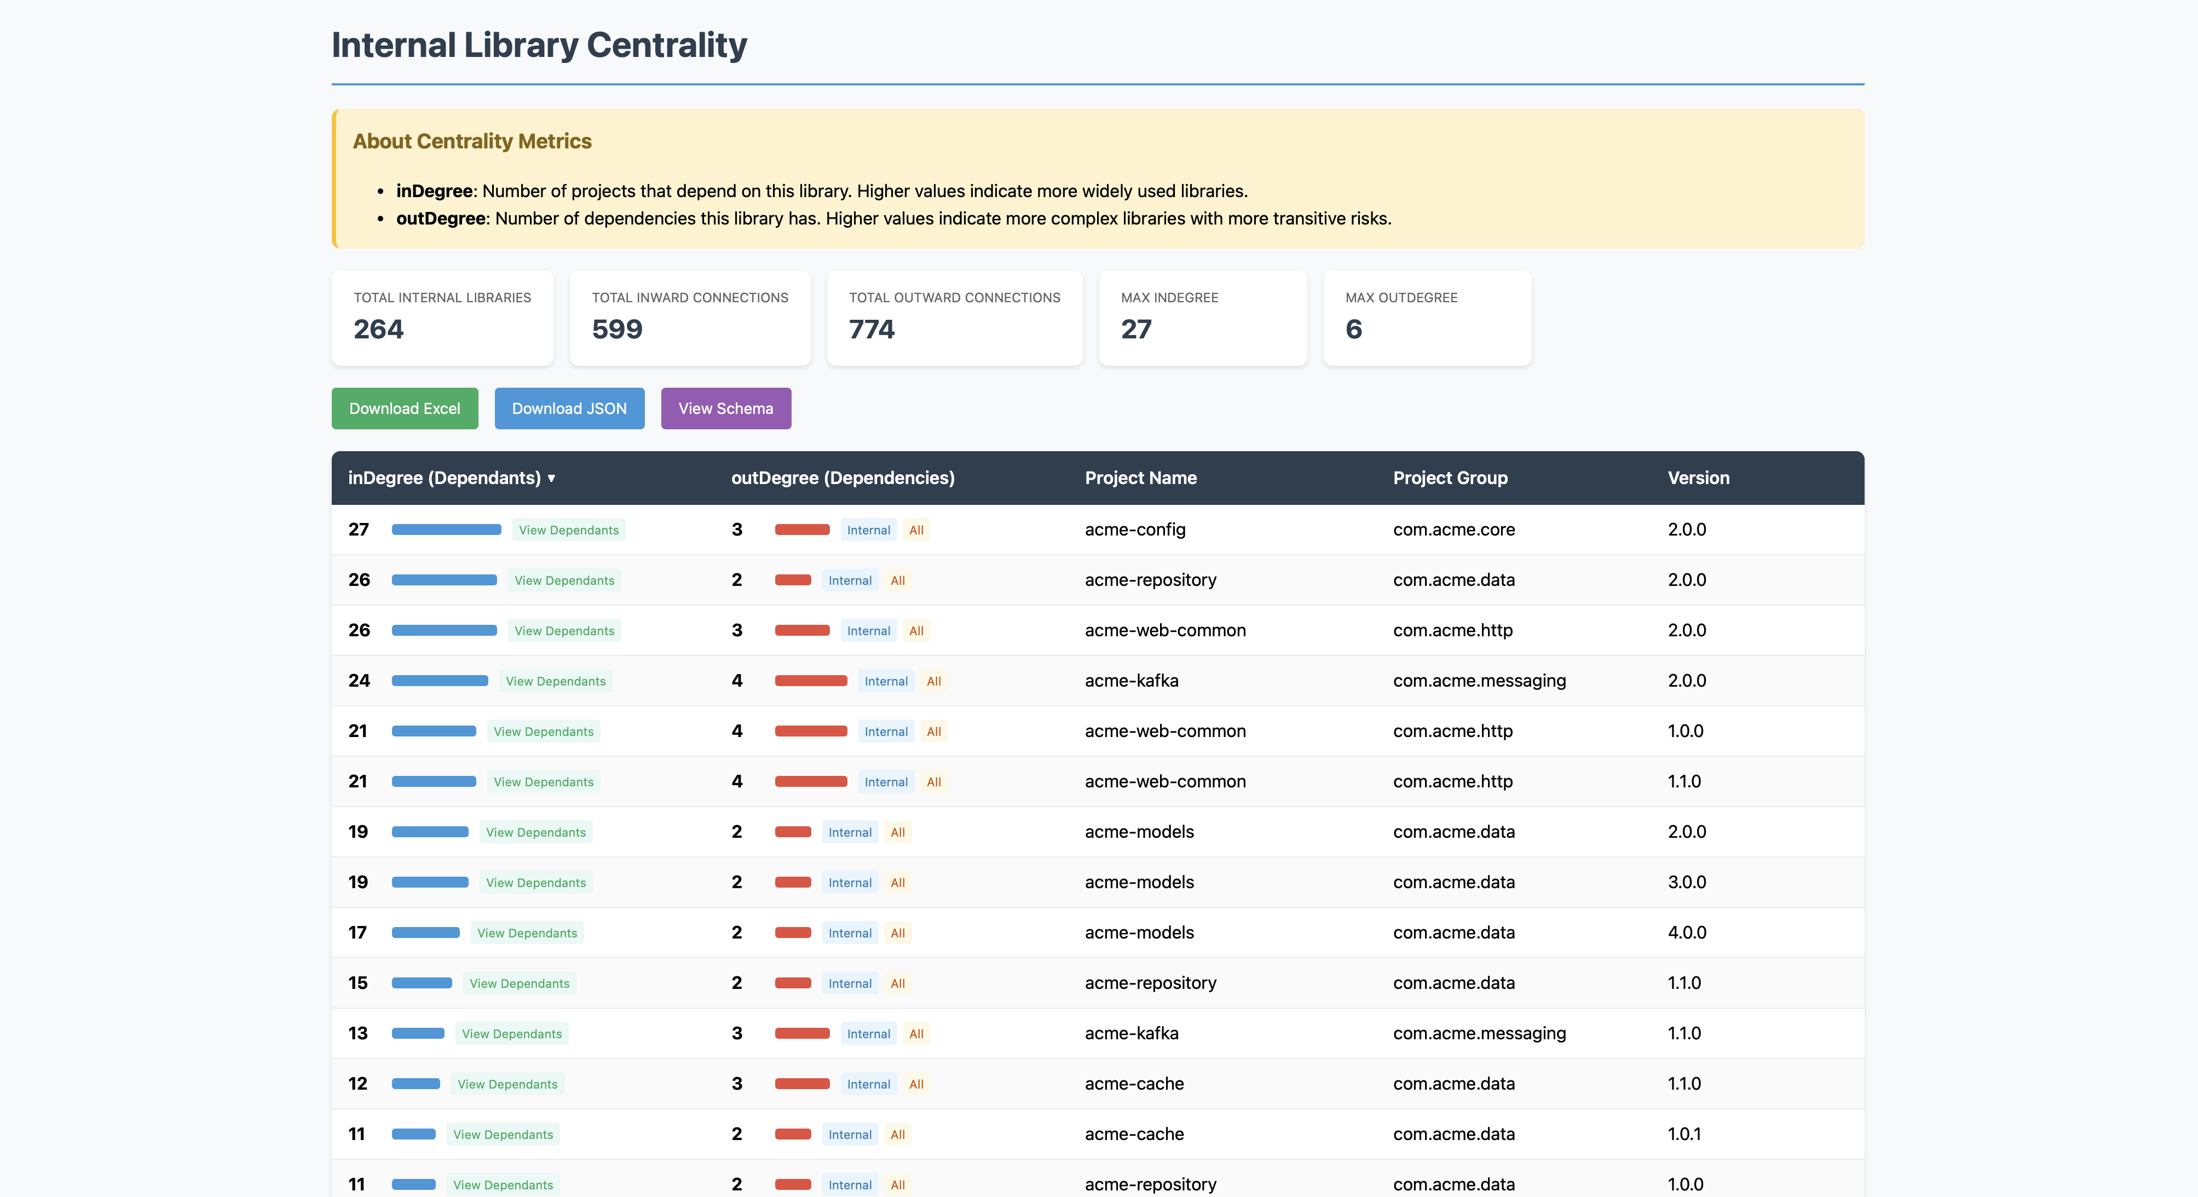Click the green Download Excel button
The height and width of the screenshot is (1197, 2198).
[x=405, y=408]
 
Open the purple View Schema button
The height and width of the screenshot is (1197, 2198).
[x=725, y=408]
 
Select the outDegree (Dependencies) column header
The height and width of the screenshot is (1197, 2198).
[x=842, y=478]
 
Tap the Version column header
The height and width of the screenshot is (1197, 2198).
[x=1698, y=478]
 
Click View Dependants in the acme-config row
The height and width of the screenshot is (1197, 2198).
[x=568, y=530]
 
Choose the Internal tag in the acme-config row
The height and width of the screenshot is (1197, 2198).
[x=868, y=530]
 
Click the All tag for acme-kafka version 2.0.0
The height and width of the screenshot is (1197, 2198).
[x=933, y=681]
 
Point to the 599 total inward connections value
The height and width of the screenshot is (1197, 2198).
[x=617, y=329]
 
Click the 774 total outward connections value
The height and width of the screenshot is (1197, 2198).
[x=871, y=329]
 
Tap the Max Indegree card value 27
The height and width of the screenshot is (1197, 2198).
[x=1136, y=329]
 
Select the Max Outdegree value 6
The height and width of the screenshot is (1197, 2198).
[x=1353, y=329]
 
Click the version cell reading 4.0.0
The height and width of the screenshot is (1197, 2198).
[x=1686, y=933]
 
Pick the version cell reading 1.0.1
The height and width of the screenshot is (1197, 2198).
[x=1683, y=1134]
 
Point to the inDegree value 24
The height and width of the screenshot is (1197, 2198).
[x=359, y=681]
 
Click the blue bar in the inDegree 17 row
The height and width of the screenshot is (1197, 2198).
[x=425, y=933]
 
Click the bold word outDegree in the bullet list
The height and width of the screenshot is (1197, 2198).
[x=440, y=218]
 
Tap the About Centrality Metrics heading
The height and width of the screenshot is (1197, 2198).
[x=472, y=142]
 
